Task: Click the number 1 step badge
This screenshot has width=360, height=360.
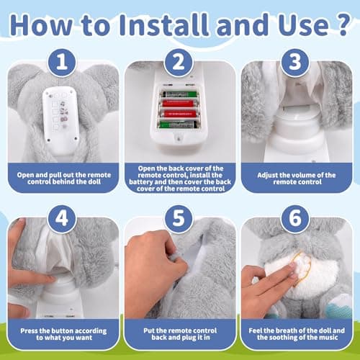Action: point(62,63)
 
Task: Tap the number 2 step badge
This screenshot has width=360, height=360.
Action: point(179,63)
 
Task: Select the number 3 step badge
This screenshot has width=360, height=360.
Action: point(295,63)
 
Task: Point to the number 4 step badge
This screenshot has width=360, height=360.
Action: point(62,219)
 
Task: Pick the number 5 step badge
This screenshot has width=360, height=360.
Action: point(179,219)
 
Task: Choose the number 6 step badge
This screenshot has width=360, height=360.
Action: point(295,219)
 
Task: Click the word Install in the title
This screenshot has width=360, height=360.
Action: point(163,25)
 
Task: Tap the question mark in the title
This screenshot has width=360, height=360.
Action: point(341,24)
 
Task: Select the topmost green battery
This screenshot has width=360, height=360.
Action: point(179,94)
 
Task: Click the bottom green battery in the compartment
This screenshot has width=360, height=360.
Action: point(178,125)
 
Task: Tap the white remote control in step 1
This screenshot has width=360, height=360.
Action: point(61,118)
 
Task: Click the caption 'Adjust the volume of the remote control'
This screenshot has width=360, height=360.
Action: point(297,179)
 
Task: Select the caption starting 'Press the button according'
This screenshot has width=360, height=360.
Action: point(63,334)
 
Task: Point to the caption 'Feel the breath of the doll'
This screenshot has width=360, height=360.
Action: point(297,334)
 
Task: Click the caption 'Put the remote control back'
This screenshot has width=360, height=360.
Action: point(180,334)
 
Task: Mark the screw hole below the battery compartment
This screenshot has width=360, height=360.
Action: point(178,138)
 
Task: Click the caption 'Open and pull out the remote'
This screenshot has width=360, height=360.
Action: point(64,179)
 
